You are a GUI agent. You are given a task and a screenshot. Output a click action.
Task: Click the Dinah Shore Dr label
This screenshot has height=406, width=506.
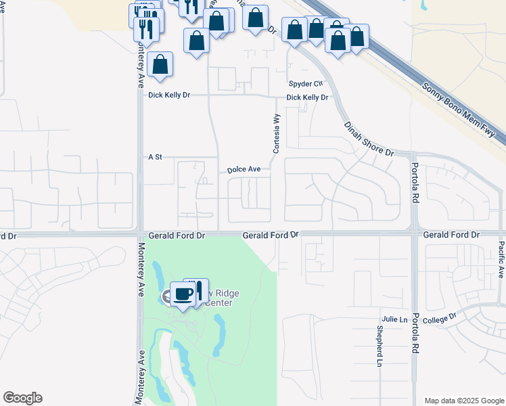coord(369,139)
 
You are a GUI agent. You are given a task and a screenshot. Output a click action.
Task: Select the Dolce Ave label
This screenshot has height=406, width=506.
coord(244,169)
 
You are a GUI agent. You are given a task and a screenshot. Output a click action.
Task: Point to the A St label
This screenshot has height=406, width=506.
coord(156,157)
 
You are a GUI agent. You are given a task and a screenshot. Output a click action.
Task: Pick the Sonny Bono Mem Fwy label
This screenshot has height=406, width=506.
coord(464,112)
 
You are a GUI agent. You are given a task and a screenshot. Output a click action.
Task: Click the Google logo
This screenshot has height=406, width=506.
coord(22,398)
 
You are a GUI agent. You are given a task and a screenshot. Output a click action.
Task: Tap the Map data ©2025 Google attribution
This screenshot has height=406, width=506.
coord(463,401)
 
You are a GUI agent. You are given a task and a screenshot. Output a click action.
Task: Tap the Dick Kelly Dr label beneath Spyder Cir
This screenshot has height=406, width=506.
coord(306,97)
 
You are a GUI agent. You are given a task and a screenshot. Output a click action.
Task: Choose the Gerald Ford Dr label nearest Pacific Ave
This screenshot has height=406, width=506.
coord(451,235)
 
